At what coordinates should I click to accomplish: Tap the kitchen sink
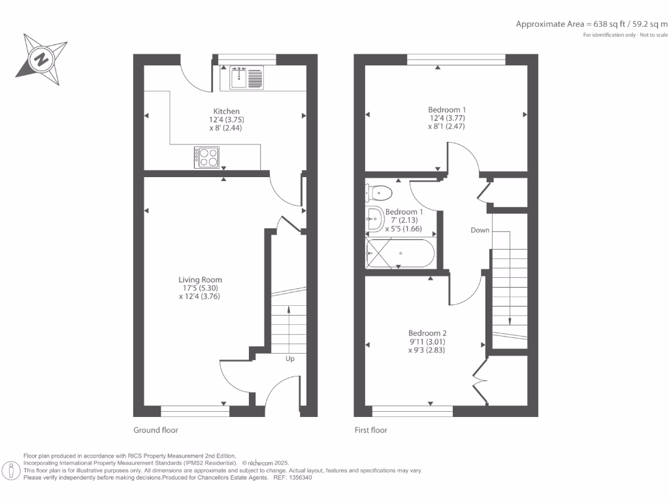click(246, 78)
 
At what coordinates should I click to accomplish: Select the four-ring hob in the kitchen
click(208, 156)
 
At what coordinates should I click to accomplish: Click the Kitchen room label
click(226, 111)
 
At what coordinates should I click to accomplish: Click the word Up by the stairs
click(290, 358)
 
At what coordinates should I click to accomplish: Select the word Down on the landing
click(480, 230)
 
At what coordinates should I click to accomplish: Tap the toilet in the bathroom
click(380, 193)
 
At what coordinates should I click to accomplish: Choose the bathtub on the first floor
click(399, 253)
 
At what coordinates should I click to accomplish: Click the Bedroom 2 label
click(428, 332)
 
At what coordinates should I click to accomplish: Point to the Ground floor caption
click(155, 430)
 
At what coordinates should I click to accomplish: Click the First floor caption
click(370, 430)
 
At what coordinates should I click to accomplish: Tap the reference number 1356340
click(299, 478)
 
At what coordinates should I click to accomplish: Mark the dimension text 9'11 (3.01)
click(428, 341)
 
